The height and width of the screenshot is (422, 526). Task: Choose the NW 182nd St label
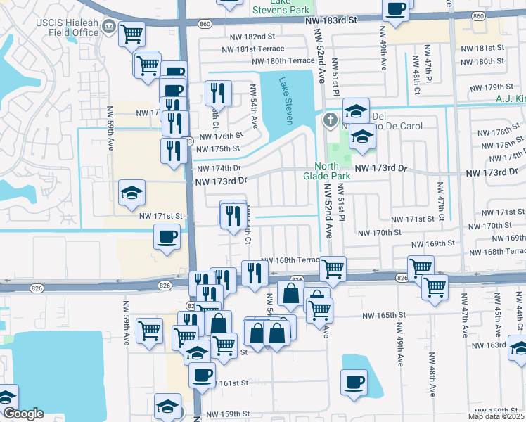tap(252, 37)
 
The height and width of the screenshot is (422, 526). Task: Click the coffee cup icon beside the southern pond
tap(354, 382)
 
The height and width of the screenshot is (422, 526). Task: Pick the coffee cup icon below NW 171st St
tap(167, 237)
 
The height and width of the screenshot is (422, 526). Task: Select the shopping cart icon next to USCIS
tap(131, 32)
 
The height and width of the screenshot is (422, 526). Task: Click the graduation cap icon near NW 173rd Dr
tap(131, 193)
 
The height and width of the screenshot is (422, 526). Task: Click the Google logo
tap(23, 414)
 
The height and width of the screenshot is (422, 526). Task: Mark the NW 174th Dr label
tap(219, 169)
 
